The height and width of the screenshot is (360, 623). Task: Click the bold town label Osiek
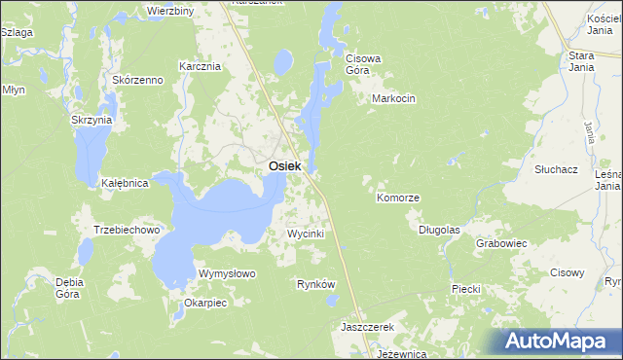(284, 167)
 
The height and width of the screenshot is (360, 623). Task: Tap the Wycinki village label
(305, 234)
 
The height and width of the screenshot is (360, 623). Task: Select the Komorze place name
(398, 198)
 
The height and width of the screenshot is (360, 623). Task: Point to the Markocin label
(394, 99)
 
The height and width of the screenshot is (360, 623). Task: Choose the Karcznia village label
(201, 66)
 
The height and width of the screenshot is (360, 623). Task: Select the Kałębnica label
(125, 183)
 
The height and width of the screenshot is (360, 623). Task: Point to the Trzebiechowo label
(126, 230)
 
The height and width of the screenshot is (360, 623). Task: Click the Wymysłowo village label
(227, 273)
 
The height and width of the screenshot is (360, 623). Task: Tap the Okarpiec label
(204, 303)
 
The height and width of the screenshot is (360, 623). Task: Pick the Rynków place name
(315, 284)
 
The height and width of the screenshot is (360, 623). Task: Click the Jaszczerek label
(366, 328)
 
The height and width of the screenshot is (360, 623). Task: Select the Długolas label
(438, 231)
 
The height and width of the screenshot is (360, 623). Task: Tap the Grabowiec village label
(501, 243)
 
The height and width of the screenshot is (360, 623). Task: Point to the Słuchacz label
(557, 168)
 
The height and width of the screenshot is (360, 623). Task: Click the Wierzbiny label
(170, 10)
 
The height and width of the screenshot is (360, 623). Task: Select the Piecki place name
(467, 290)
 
